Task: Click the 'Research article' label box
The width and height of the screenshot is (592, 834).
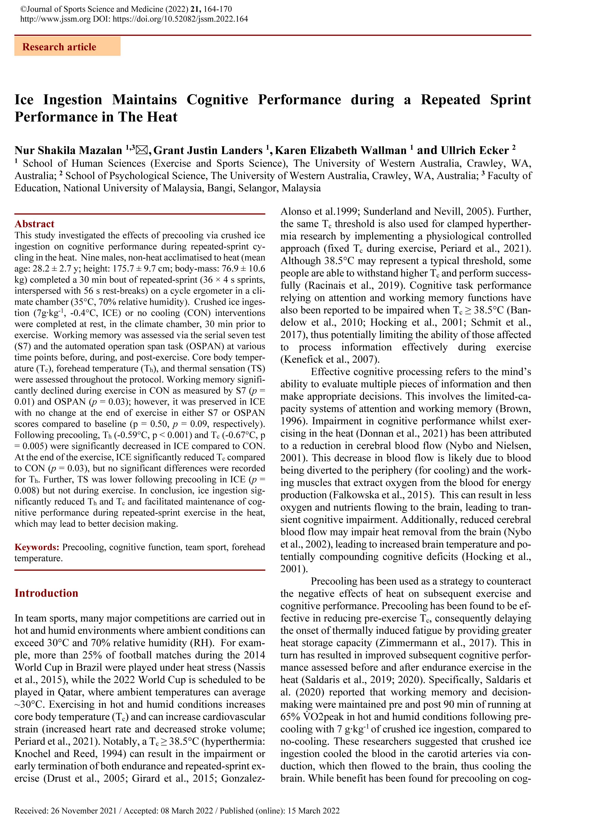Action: (x=67, y=47)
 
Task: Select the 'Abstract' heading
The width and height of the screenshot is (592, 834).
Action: (x=34, y=224)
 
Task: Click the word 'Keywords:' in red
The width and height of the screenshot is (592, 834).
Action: (x=37, y=547)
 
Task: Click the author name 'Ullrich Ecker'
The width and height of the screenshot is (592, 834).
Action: (x=475, y=150)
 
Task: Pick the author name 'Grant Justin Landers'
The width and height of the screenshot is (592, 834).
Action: (x=208, y=150)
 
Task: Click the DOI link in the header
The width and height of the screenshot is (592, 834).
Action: (x=180, y=19)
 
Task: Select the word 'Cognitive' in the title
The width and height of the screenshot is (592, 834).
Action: (x=217, y=100)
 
